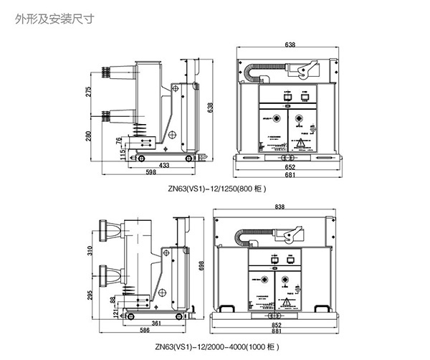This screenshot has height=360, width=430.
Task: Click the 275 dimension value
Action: pyautogui.click(x=89, y=92)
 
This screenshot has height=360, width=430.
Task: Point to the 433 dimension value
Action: pyautogui.click(x=165, y=166)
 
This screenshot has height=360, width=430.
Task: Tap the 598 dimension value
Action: pyautogui.click(x=151, y=173)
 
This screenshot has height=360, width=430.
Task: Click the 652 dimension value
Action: pyautogui.click(x=289, y=168)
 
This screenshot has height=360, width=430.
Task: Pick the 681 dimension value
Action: pyautogui.click(x=289, y=176)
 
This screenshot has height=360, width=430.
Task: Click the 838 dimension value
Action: pyautogui.click(x=279, y=207)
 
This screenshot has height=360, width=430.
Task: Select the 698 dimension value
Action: pyautogui.click(x=210, y=266)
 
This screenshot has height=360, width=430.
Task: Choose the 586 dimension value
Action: pyautogui.click(x=144, y=331)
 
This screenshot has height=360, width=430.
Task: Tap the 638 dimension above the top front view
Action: pyautogui.click(x=290, y=44)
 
